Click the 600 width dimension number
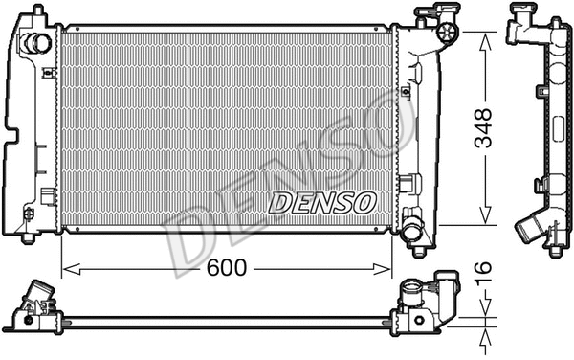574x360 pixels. point(227,269)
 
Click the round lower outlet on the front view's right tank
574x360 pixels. point(412,231)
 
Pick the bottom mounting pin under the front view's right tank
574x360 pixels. point(419,252)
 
